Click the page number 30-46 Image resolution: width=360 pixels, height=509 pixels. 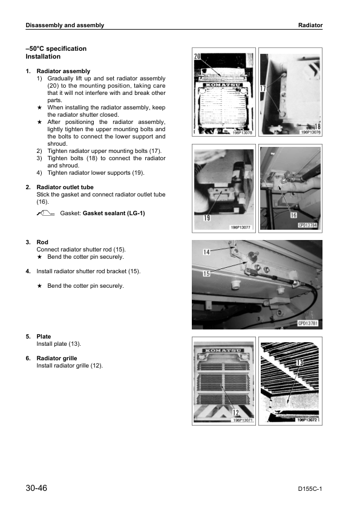click(x=36, y=488)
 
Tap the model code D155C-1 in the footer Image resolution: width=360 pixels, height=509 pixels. click(x=310, y=489)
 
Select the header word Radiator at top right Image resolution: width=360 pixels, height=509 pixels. click(x=310, y=25)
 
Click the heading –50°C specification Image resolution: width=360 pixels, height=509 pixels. click(x=56, y=49)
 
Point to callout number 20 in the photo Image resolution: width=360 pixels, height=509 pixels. click(x=197, y=56)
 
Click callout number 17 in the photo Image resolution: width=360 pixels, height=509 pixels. click(x=263, y=88)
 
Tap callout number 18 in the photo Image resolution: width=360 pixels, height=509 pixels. click(x=317, y=126)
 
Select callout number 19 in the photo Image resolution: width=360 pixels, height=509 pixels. click(x=207, y=218)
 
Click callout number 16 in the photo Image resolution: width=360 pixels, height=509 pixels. click(x=293, y=215)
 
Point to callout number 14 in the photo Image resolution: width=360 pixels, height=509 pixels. click(x=207, y=252)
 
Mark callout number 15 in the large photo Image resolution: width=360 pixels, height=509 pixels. click(x=207, y=274)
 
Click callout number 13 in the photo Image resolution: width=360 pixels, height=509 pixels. click(x=299, y=362)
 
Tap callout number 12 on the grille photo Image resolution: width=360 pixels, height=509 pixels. click(x=236, y=413)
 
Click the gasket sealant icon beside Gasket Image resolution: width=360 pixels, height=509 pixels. click(x=45, y=213)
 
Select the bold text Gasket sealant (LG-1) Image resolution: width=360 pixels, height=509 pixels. click(x=114, y=213)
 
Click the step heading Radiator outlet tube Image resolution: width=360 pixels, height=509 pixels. click(x=65, y=187)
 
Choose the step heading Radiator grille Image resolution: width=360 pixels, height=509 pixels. click(x=57, y=358)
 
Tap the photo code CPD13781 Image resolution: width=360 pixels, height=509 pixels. click(x=308, y=323)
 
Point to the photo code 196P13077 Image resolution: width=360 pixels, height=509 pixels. click(x=240, y=227)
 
